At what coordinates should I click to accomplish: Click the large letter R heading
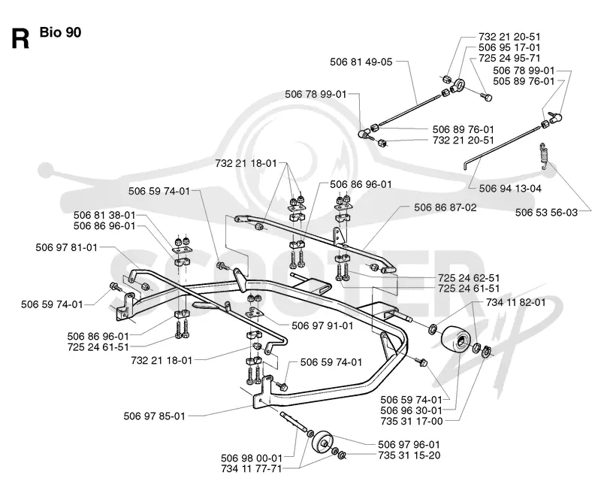click(20, 38)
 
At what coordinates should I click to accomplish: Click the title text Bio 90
click(60, 32)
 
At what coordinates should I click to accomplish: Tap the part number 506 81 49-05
click(361, 62)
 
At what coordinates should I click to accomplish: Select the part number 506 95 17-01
click(509, 47)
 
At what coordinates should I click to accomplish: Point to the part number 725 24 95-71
click(509, 59)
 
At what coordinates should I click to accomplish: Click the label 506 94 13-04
click(510, 188)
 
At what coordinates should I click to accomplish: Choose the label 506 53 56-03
click(546, 213)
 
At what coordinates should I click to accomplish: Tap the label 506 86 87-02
click(445, 207)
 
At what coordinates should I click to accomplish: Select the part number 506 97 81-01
click(67, 248)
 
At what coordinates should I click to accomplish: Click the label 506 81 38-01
click(104, 215)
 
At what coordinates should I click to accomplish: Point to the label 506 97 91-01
click(322, 326)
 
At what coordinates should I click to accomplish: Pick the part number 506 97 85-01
click(154, 416)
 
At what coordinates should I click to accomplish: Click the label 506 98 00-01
click(252, 458)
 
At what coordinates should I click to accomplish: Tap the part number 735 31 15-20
click(409, 455)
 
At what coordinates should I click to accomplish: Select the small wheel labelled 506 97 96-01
click(323, 443)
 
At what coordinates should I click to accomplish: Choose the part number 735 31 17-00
click(412, 421)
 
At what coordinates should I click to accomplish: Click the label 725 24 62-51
click(469, 277)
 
